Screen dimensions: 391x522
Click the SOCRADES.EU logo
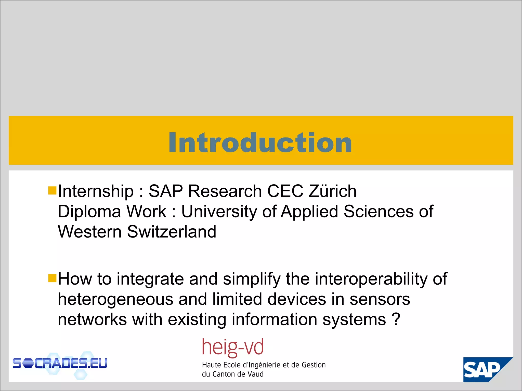(x=60, y=364)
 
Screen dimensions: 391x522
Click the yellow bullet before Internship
(x=52, y=190)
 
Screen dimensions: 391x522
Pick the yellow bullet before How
(x=52, y=278)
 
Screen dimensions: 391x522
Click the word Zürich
(x=332, y=191)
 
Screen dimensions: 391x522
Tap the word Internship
(x=96, y=191)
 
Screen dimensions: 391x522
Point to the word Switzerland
(x=172, y=232)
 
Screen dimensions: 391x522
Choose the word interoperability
(x=371, y=279)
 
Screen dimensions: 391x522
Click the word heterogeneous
(x=115, y=299)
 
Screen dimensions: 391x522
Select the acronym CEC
(x=285, y=191)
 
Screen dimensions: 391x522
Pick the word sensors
(x=380, y=299)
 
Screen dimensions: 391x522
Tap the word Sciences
(x=379, y=211)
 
